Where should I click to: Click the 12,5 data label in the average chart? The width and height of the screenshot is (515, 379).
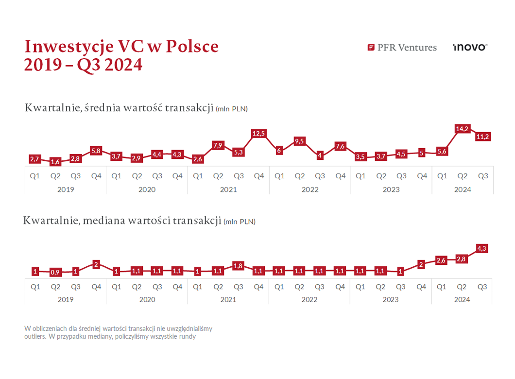(258, 133)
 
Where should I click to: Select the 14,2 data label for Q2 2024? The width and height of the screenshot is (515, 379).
(462, 129)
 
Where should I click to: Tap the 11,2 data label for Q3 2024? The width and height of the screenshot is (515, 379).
(482, 137)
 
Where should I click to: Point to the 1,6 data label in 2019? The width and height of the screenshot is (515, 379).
(55, 162)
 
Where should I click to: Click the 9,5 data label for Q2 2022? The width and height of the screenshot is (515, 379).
(299, 141)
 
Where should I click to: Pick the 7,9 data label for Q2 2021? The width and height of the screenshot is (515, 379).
(218, 145)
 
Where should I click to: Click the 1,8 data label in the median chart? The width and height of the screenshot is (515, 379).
(238, 266)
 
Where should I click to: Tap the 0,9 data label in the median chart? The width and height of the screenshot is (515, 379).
(55, 273)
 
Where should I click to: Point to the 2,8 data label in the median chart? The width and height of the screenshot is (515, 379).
(462, 259)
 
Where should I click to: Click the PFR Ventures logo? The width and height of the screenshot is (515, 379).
(402, 47)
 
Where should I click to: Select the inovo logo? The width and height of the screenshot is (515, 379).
(469, 47)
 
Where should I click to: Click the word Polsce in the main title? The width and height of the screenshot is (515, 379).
(192, 46)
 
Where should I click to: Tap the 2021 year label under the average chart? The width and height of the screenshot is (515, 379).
(228, 189)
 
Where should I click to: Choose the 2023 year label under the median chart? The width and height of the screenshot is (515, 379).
(391, 300)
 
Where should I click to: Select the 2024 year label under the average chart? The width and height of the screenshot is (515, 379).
(463, 189)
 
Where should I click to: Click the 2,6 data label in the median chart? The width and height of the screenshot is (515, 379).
(441, 260)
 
